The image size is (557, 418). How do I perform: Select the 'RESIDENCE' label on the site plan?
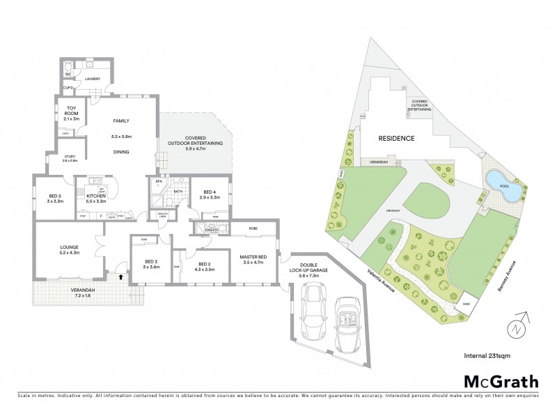(397, 139)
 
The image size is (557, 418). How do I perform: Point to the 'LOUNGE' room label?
(69, 247)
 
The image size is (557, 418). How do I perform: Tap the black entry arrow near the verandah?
(122, 277)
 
